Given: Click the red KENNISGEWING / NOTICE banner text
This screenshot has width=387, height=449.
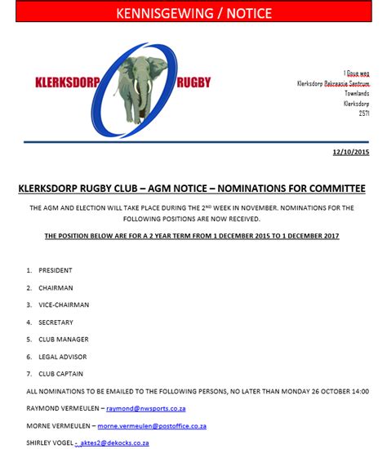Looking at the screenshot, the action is pyautogui.click(x=193, y=13).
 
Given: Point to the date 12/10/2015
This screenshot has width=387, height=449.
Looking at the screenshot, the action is pyautogui.click(x=351, y=153).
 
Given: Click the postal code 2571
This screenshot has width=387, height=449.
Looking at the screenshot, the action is pyautogui.click(x=364, y=113).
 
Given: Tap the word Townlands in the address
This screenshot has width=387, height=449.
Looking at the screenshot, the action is pyautogui.click(x=357, y=93).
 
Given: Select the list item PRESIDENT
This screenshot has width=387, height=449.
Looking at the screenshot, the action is pyautogui.click(x=55, y=270).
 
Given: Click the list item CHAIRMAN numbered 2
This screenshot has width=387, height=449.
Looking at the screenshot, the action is pyautogui.click(x=56, y=287).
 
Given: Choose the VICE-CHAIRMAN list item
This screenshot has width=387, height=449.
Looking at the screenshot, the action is pyautogui.click(x=64, y=305).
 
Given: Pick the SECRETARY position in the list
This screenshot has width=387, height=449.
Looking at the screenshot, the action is pyautogui.click(x=56, y=322).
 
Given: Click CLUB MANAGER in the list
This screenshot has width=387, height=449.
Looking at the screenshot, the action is pyautogui.click(x=64, y=339).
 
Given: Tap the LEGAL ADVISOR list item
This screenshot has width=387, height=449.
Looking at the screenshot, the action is pyautogui.click(x=63, y=357).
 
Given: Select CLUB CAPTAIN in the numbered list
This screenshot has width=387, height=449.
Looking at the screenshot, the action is pyautogui.click(x=61, y=374).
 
